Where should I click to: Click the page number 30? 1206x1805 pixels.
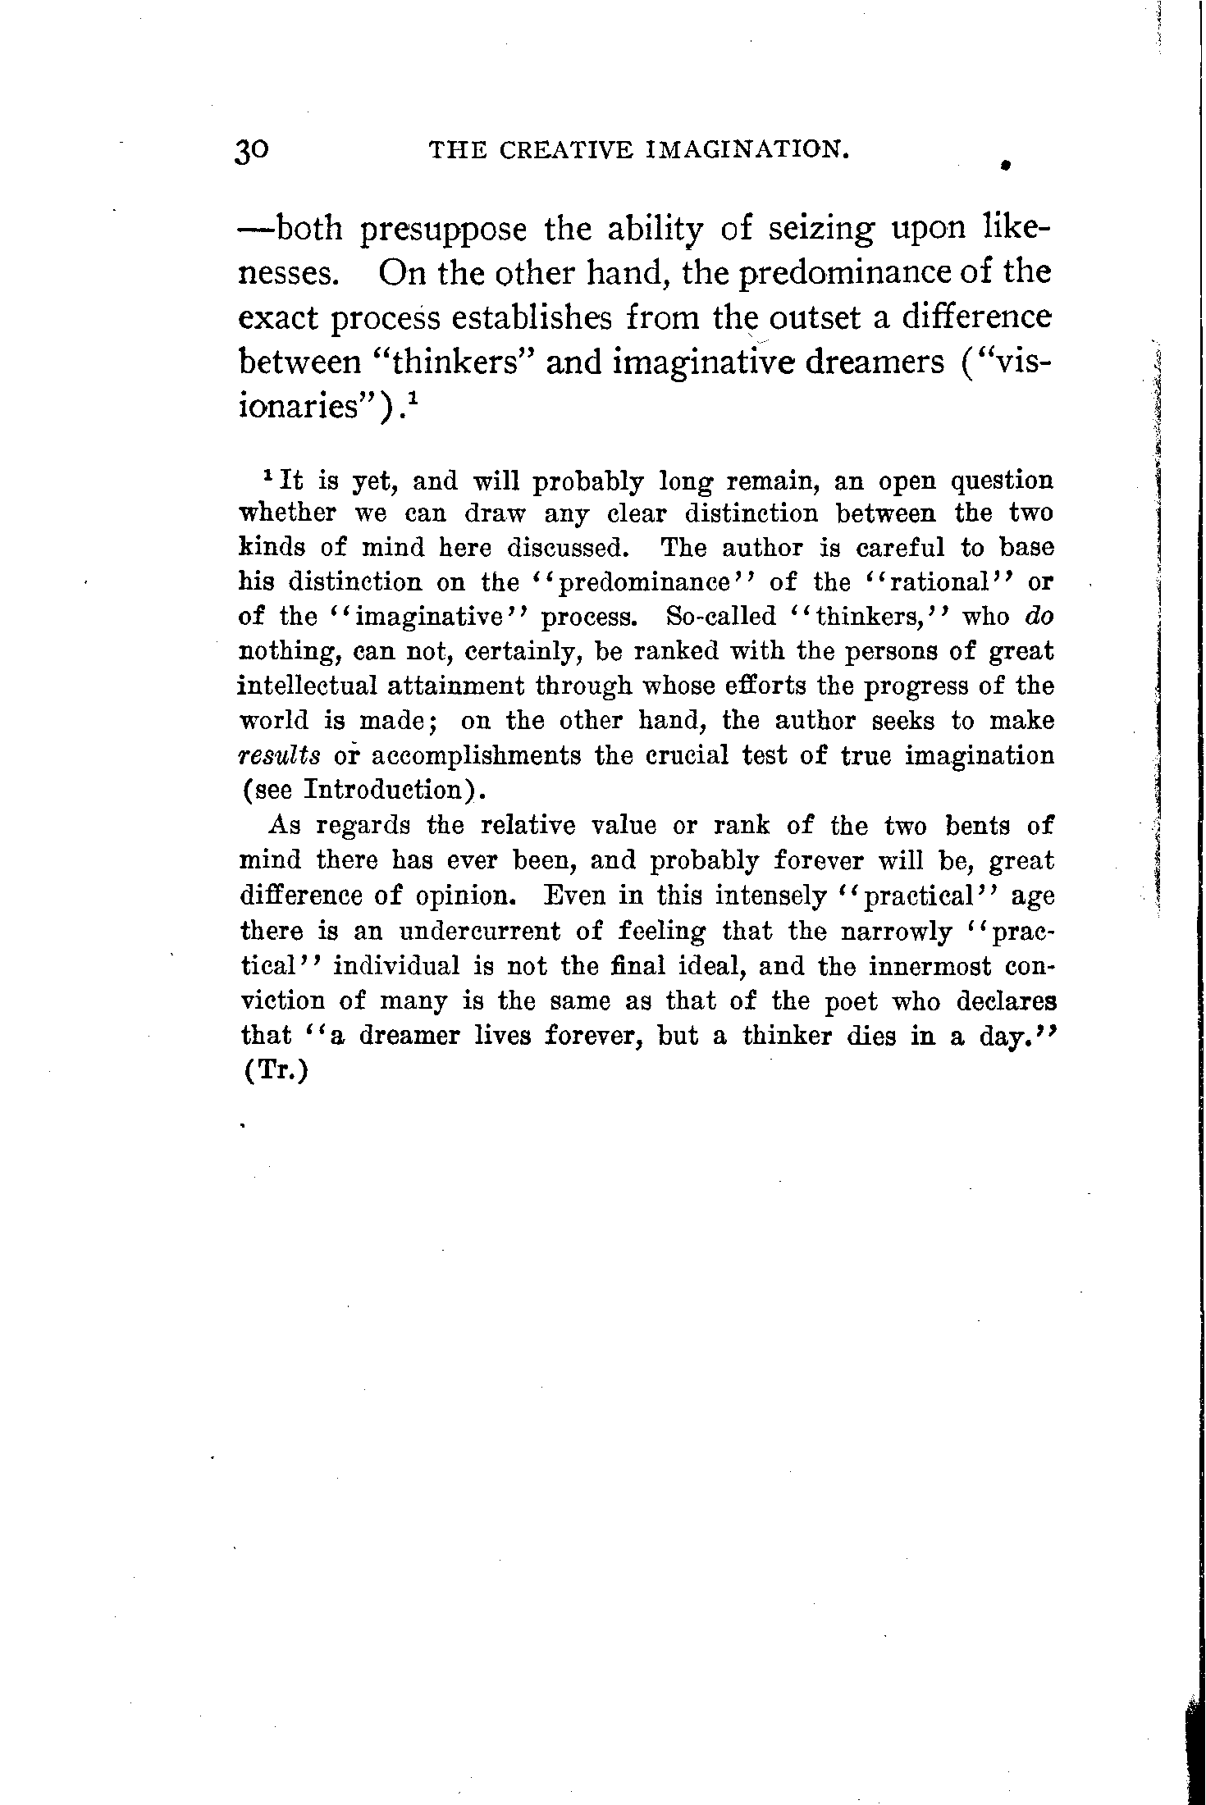[253, 152]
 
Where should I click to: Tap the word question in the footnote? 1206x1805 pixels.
[1002, 480]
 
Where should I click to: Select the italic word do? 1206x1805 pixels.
[1039, 616]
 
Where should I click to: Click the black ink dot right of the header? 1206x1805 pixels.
[1003, 165]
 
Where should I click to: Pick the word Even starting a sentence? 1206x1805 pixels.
[573, 896]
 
